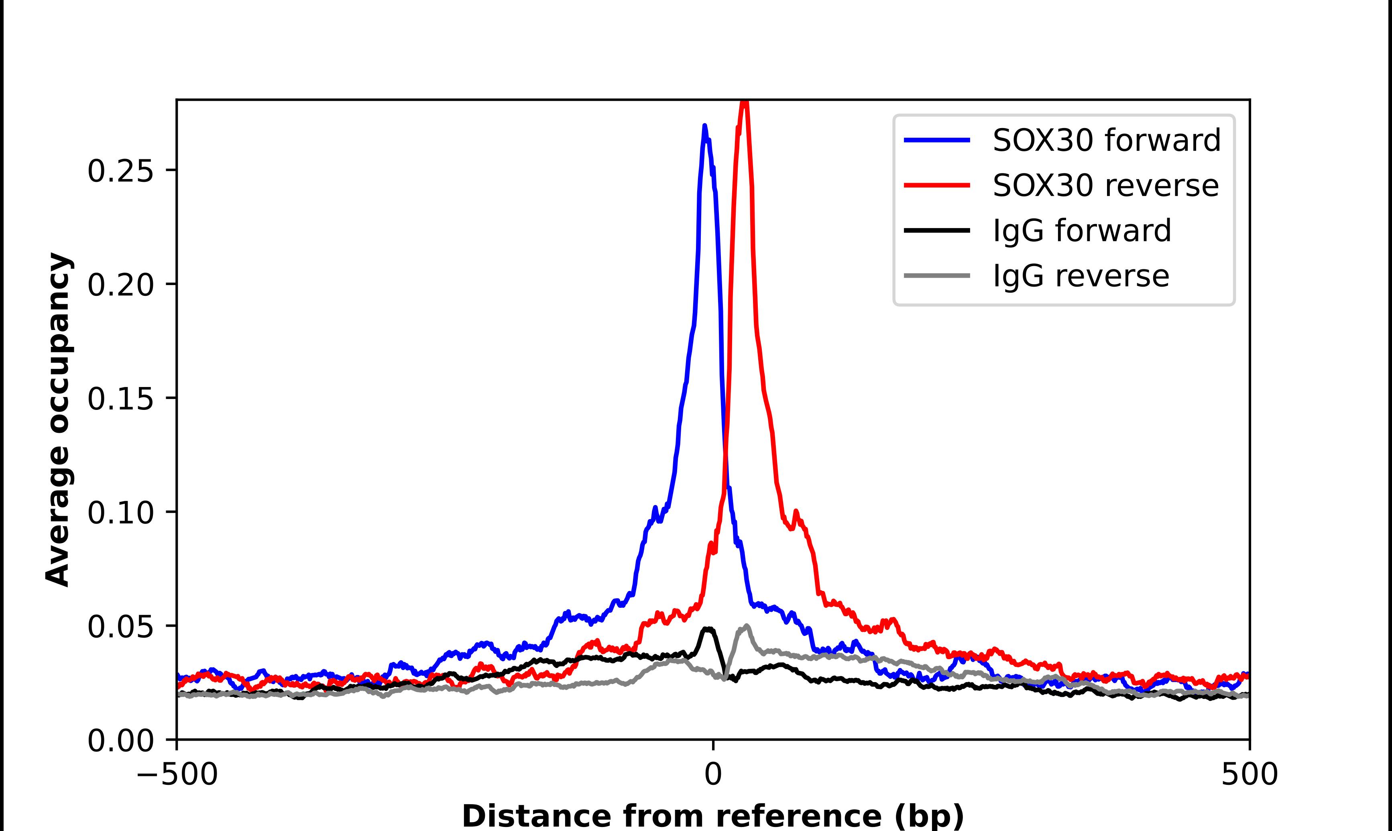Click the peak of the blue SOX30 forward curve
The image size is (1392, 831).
click(x=704, y=126)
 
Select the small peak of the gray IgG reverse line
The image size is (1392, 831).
click(x=746, y=626)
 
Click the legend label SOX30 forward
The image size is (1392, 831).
click(x=1106, y=140)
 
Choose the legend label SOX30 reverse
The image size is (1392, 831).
click(x=1105, y=185)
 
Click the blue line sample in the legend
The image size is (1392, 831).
click(x=937, y=140)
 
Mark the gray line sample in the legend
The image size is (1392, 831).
click(x=937, y=275)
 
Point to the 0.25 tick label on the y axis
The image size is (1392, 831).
click(x=120, y=171)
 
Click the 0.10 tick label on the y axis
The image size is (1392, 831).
click(x=120, y=512)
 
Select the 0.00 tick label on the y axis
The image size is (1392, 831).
click(x=120, y=740)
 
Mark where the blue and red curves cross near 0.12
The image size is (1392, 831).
click(x=725, y=458)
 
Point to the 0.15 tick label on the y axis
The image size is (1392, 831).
click(x=120, y=399)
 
